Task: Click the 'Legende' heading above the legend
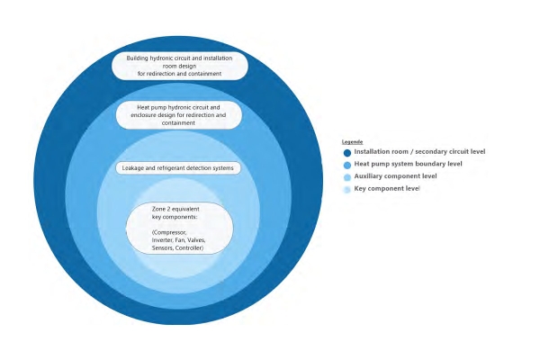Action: (352, 142)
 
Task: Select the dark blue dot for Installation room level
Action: (347, 153)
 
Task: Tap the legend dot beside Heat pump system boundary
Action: (347, 165)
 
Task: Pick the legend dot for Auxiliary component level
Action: (347, 177)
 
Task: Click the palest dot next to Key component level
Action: (347, 190)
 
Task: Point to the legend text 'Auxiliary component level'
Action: (395, 176)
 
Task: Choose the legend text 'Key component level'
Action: (387, 188)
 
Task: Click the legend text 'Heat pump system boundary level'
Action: (408, 164)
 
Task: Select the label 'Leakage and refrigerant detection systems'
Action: (177, 168)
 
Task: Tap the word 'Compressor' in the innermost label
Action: (169, 232)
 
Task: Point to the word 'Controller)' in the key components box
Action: (189, 248)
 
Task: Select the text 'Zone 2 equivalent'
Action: (175, 209)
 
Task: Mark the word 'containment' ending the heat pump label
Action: (178, 123)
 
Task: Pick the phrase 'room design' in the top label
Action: (179, 66)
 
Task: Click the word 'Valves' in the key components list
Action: (196, 240)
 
